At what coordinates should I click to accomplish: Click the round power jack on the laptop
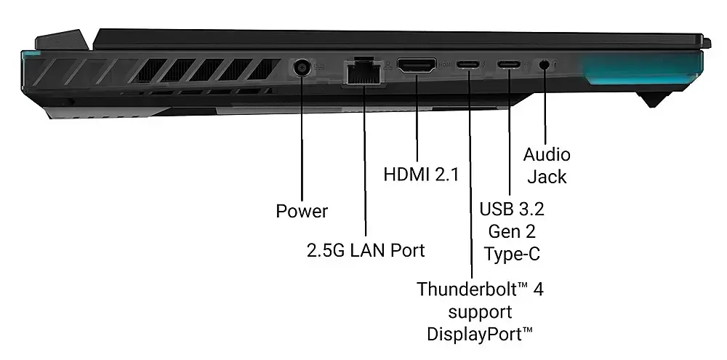point(302,68)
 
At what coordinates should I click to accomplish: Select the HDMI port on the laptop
point(417,65)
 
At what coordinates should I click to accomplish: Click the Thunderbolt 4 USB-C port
point(469,64)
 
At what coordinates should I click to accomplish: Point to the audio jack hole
point(545,64)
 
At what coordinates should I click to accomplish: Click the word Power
point(302,211)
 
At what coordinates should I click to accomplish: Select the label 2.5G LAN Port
point(366,250)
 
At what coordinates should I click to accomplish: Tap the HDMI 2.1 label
point(421,175)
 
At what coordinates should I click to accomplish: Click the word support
point(480,312)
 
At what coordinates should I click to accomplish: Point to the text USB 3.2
point(511,209)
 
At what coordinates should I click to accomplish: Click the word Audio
point(547,154)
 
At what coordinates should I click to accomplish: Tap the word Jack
point(547,177)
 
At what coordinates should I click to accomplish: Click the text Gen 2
point(512,231)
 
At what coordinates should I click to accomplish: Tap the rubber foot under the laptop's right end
point(654,99)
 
